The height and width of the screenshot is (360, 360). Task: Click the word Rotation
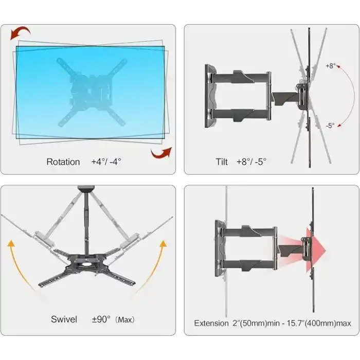pyautogui.click(x=63, y=162)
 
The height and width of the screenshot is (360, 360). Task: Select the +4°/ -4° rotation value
pyautogui.click(x=106, y=162)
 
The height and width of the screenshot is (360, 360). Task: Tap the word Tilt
pyautogui.click(x=222, y=162)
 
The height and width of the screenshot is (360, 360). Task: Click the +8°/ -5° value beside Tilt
pyautogui.click(x=251, y=162)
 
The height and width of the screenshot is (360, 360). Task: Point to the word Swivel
pyautogui.click(x=64, y=319)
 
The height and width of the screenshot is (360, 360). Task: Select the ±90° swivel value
pyautogui.click(x=101, y=319)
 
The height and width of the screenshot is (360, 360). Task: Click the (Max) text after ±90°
pyautogui.click(x=124, y=319)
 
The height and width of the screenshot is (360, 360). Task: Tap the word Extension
pyautogui.click(x=211, y=323)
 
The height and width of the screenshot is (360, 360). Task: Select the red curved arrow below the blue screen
pyautogui.click(x=161, y=153)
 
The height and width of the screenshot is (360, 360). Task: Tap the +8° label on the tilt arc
pyautogui.click(x=330, y=66)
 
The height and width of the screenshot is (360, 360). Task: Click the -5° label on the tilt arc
pyautogui.click(x=330, y=125)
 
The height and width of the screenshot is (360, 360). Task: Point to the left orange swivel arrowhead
pyautogui.click(x=11, y=243)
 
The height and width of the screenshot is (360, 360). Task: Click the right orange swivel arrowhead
pyautogui.click(x=163, y=244)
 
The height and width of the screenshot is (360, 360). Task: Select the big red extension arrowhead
pyautogui.click(x=316, y=250)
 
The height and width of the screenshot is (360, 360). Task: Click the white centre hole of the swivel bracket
pyautogui.click(x=86, y=264)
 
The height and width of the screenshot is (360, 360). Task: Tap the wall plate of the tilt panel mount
pyautogui.click(x=210, y=96)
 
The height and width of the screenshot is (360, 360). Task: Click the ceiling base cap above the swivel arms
pyautogui.click(x=86, y=188)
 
